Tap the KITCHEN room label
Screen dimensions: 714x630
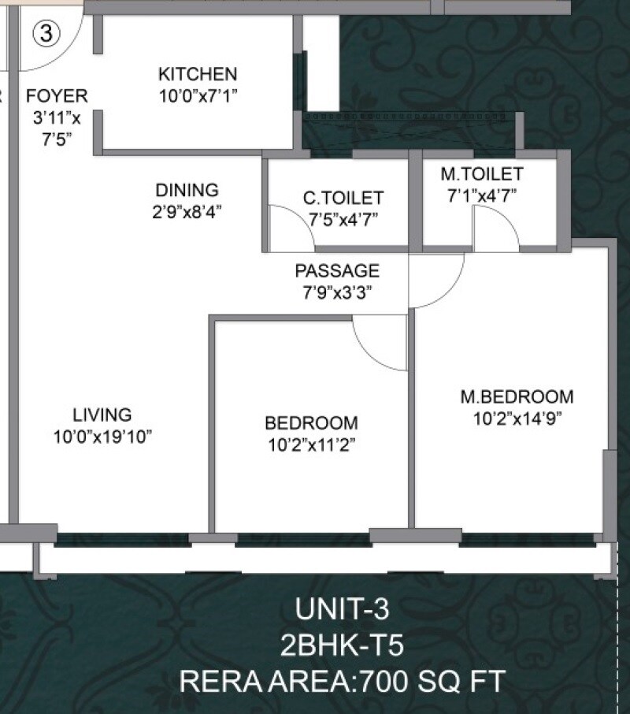click(198, 74)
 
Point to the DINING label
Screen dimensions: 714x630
click(187, 190)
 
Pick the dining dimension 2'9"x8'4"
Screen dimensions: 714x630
click(187, 212)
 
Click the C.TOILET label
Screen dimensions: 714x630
click(343, 197)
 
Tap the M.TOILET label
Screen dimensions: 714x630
click(482, 173)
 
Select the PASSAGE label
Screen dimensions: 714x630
click(337, 271)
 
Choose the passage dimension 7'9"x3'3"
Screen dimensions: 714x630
click(337, 292)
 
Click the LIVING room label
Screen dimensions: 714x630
click(102, 415)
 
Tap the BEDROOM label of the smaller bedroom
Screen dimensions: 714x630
click(311, 422)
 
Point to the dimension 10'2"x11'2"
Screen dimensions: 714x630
click(311, 444)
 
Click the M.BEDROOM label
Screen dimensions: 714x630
click(517, 396)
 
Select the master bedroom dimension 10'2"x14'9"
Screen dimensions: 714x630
click(517, 418)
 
